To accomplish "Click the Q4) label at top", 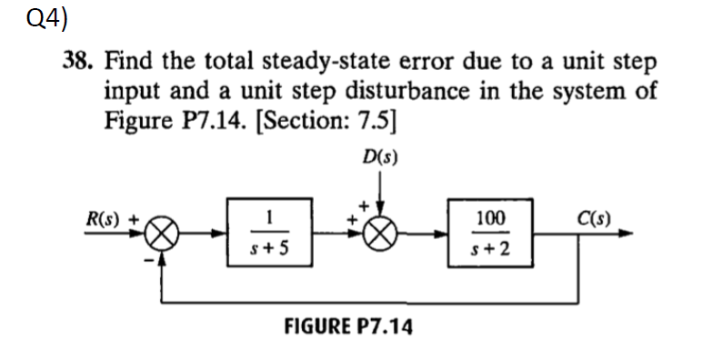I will (x=28, y=18).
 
